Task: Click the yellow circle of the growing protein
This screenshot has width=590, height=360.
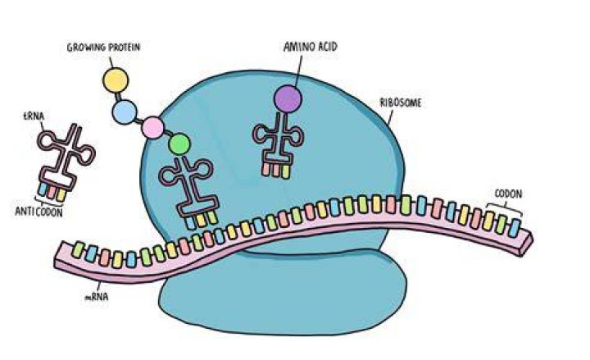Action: click(x=116, y=80)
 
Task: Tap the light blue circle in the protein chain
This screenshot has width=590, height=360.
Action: click(x=125, y=112)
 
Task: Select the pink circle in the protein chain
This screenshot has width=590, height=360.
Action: click(x=152, y=128)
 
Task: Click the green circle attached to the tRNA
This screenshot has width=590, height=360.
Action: click(x=179, y=144)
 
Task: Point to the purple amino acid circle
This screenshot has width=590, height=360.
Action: click(x=288, y=98)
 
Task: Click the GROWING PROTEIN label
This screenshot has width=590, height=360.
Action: click(x=103, y=48)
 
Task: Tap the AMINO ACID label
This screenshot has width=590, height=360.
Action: click(x=311, y=47)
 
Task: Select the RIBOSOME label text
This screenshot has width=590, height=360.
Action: click(x=401, y=103)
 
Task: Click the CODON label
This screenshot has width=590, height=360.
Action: click(x=508, y=194)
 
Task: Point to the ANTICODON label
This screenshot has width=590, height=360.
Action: click(x=39, y=212)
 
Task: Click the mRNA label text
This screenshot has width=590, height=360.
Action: click(x=97, y=297)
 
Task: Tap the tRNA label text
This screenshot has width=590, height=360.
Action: click(x=34, y=116)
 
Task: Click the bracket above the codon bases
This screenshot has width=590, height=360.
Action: click(x=504, y=208)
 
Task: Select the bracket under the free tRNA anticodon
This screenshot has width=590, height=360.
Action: click(x=49, y=203)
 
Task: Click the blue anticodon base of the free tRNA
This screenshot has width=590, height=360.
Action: click(x=43, y=189)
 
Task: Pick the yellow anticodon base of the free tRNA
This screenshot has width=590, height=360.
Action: click(x=61, y=194)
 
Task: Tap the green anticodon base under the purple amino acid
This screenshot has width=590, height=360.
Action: click(x=286, y=171)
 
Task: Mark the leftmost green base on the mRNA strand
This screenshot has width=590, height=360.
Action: click(x=78, y=249)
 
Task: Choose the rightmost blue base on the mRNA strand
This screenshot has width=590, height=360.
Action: click(x=514, y=228)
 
